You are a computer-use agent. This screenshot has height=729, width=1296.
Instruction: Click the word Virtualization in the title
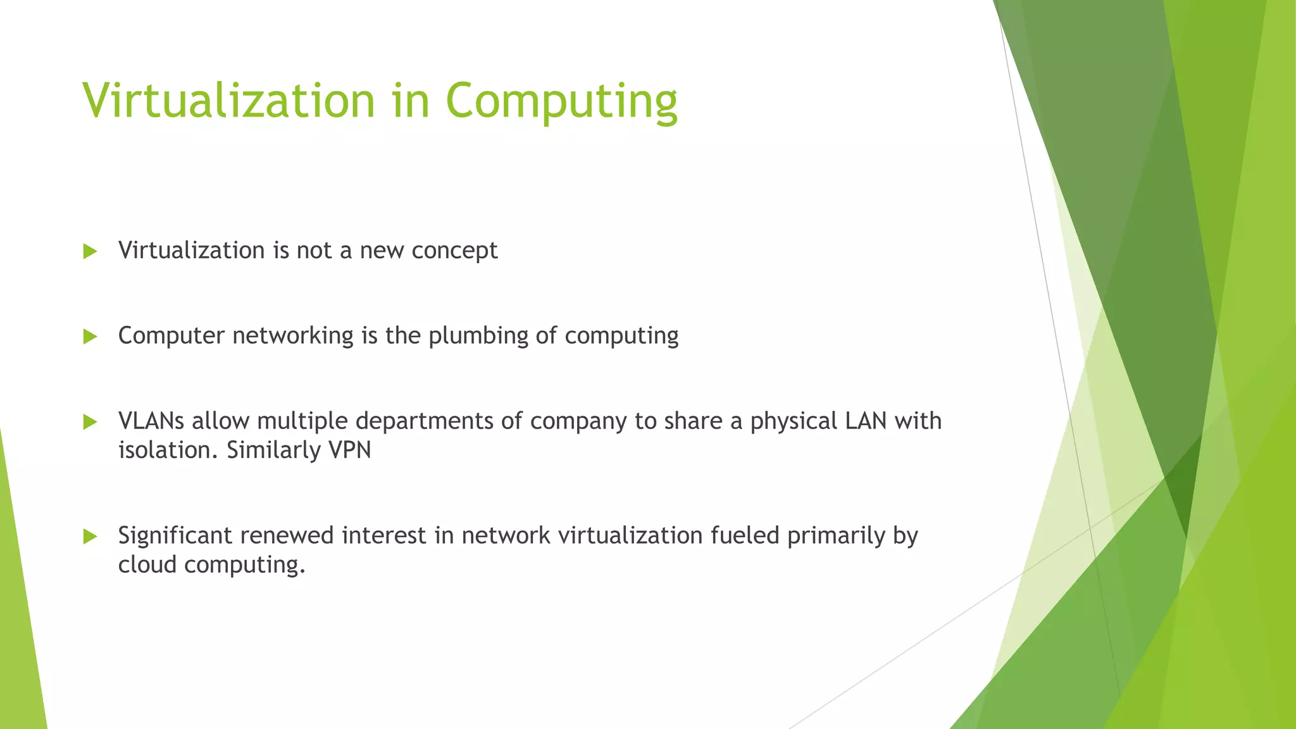229,101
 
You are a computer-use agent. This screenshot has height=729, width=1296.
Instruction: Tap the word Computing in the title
561,101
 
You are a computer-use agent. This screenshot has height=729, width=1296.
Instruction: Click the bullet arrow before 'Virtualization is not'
90,251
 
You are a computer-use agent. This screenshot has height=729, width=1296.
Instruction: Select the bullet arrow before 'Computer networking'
90,336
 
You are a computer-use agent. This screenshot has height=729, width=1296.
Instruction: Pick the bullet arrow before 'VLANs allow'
90,421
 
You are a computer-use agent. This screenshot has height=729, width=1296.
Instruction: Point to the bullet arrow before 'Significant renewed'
90,537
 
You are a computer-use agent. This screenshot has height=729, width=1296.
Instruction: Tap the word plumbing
478,335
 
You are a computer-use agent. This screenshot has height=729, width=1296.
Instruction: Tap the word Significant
175,535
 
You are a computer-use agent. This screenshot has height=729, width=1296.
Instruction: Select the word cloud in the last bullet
147,564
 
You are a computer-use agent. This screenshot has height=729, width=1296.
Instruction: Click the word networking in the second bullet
293,335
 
